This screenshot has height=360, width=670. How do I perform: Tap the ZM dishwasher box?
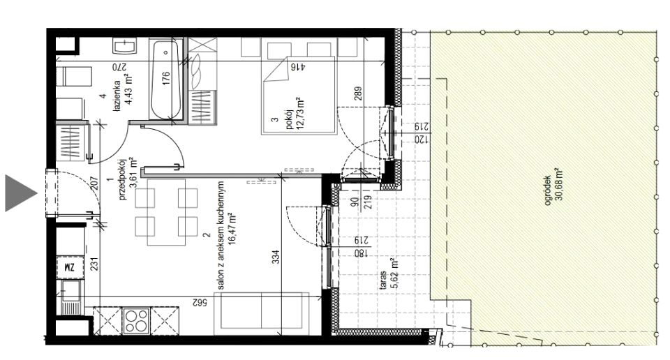click(69, 267)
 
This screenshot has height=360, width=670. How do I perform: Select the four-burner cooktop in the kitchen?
click(136, 321)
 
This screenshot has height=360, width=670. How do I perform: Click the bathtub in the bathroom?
click(166, 80)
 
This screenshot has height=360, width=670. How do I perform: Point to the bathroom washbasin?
click(125, 45)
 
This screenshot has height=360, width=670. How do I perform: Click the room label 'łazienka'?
click(117, 98)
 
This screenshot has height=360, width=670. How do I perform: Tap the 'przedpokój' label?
click(123, 179)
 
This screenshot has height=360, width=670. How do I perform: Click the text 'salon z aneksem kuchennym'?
click(221, 235)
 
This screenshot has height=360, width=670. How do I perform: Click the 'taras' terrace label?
click(382, 280)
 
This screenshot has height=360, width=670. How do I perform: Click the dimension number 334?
click(276, 257)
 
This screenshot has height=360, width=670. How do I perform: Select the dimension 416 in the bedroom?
click(297, 66)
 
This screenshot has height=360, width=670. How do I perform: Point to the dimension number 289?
click(358, 93)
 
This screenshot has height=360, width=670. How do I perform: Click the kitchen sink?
click(71, 297)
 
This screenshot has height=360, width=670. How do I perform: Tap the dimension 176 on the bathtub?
click(166, 78)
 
